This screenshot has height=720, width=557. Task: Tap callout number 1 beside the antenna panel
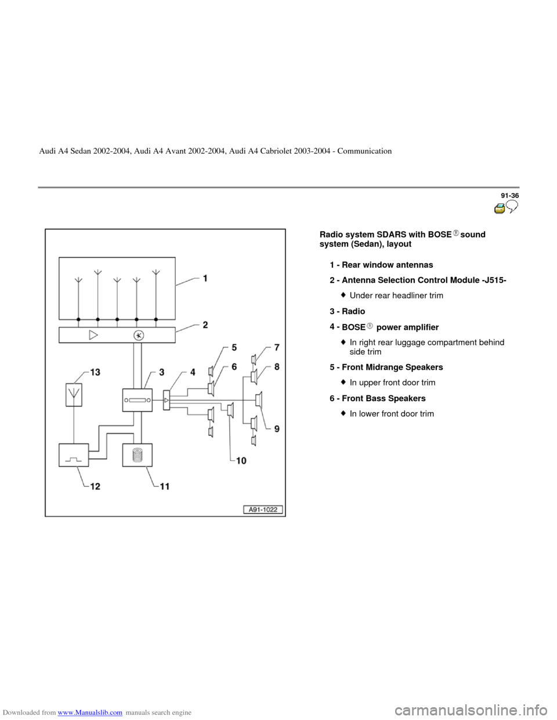206,278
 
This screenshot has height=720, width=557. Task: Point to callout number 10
240,460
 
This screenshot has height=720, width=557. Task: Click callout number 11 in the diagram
165,487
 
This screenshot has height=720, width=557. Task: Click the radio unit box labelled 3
137,399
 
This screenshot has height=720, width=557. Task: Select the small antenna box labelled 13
73,395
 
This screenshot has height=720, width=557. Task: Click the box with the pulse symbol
74,455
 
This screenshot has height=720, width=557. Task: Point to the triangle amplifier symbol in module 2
94,335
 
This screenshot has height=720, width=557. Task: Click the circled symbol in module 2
139,335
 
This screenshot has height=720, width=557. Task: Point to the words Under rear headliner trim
396,296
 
